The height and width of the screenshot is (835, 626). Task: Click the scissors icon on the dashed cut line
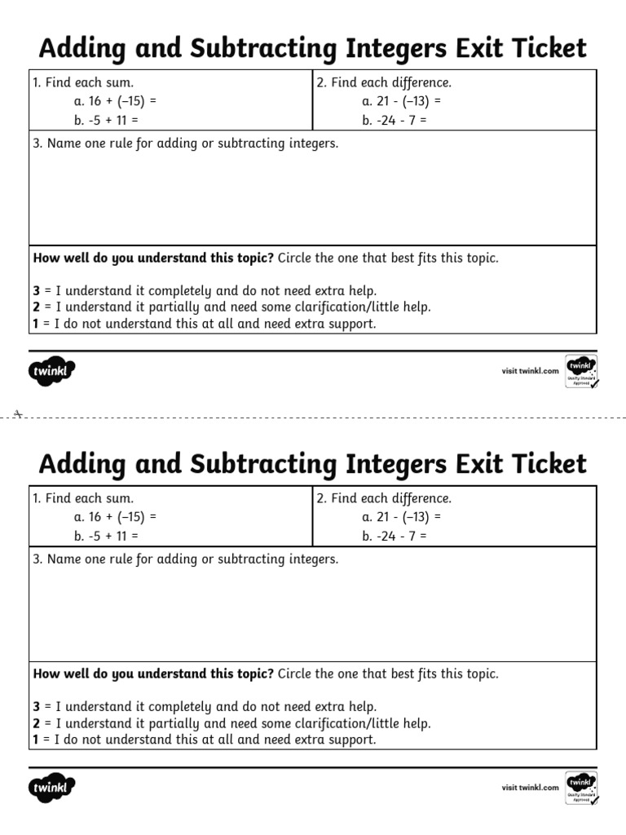(17, 414)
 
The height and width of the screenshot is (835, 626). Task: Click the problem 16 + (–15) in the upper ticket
(114, 101)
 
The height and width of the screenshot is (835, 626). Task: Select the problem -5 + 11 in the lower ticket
(106, 536)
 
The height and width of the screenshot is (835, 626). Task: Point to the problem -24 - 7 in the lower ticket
(395, 536)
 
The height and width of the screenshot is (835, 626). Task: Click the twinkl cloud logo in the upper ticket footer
(52, 372)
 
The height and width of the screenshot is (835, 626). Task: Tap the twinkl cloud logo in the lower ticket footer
(52, 788)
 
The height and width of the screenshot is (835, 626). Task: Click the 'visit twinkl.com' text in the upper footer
(530, 371)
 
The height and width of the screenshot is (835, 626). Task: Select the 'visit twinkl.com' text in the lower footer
(530, 787)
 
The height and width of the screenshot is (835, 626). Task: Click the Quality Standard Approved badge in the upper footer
(581, 371)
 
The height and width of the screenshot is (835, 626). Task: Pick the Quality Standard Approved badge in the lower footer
(581, 787)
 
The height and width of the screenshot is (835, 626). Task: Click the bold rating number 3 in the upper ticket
(37, 291)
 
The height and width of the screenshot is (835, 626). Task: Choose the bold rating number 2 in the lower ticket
(37, 723)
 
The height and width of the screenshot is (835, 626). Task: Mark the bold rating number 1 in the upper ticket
(37, 324)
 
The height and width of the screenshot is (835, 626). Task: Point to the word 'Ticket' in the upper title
(549, 49)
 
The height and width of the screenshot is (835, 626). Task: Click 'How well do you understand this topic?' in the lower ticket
(153, 674)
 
